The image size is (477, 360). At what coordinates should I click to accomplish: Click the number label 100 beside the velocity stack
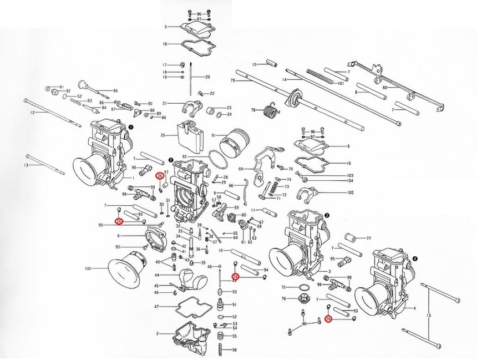point(88,269)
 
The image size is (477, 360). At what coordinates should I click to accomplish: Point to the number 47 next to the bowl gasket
point(156,307)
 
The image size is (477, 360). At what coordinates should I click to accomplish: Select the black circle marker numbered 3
point(327,215)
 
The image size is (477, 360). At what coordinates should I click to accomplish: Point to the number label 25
point(163,135)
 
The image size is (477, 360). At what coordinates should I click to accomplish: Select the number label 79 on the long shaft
point(234,81)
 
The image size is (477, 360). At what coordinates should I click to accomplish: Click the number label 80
point(384,87)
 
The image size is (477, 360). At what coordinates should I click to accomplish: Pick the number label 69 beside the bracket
point(240,169)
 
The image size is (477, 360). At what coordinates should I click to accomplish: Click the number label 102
point(350,193)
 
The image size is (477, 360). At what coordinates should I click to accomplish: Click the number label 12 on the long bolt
point(32,113)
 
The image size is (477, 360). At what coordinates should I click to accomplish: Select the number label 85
point(115,91)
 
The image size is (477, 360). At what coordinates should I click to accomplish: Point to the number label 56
point(235,350)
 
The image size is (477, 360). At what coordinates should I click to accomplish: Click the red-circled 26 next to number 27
point(159,176)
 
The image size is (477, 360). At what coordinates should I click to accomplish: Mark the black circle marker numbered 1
point(130,126)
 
